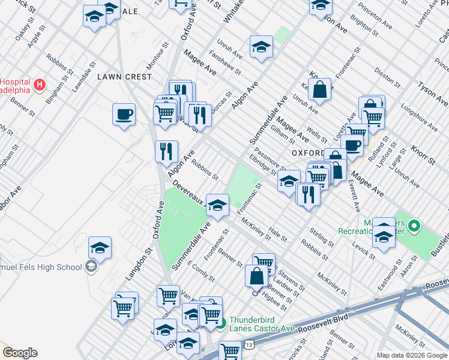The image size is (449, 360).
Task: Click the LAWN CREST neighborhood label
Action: pyautogui.click(x=119, y=77)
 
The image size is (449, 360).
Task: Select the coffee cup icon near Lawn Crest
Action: pyautogui.click(x=124, y=114)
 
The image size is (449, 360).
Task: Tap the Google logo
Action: pyautogui.click(x=20, y=353)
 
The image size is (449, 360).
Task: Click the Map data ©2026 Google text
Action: pyautogui.click(x=412, y=355)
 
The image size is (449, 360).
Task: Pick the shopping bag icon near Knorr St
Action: pyautogui.click(x=321, y=90)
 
